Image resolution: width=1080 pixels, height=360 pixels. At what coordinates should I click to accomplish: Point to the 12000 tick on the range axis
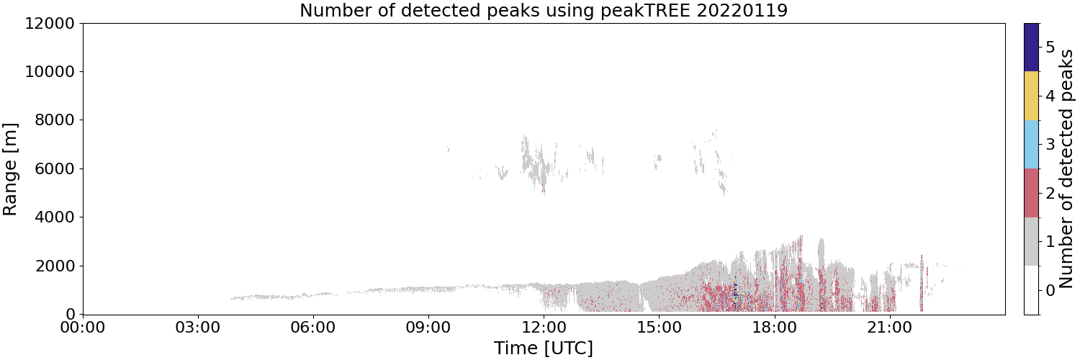pyautogui.click(x=50, y=23)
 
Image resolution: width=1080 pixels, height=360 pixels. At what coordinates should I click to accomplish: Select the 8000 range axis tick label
pyautogui.click(x=55, y=120)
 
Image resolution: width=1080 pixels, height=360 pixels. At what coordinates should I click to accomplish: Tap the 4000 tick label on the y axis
pyautogui.click(x=55, y=217)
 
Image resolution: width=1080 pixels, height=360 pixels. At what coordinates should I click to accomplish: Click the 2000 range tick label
pyautogui.click(x=55, y=266)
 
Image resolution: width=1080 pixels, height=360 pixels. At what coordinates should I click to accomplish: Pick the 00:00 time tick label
pyautogui.click(x=84, y=328)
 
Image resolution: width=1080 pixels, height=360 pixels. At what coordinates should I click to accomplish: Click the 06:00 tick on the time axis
pyautogui.click(x=313, y=328)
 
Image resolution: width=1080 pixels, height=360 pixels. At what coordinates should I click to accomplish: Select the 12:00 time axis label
pyautogui.click(x=544, y=328)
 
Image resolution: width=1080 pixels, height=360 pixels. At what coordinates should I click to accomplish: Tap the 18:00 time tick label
pyautogui.click(x=775, y=328)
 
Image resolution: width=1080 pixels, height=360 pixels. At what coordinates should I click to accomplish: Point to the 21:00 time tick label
pyautogui.click(x=890, y=328)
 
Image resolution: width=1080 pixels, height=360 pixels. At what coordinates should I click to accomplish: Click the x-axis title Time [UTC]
pyautogui.click(x=544, y=348)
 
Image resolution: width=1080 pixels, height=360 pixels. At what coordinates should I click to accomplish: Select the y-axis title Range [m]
pyautogui.click(x=10, y=169)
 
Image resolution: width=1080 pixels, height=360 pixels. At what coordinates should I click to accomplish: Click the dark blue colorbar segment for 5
pyautogui.click(x=1032, y=48)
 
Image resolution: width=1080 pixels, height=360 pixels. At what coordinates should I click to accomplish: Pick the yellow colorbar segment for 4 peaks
pyautogui.click(x=1032, y=96)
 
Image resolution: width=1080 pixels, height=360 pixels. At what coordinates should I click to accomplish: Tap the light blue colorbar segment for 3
pyautogui.click(x=1032, y=145)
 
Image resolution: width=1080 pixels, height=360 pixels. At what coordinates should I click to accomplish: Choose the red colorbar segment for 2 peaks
pyautogui.click(x=1032, y=193)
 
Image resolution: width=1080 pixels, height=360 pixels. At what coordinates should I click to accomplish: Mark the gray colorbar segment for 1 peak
pyautogui.click(x=1032, y=241)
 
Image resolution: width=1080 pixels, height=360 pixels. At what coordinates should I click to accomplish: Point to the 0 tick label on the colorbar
pyautogui.click(x=1050, y=291)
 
